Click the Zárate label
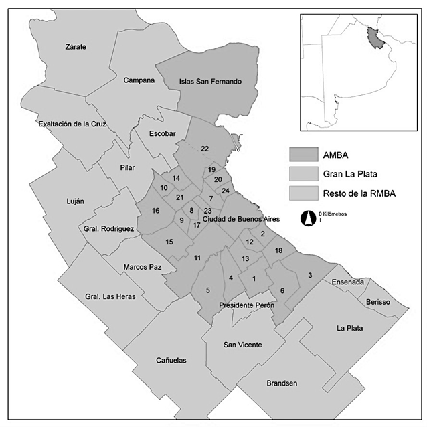coord(76,47)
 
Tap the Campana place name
coord(139,80)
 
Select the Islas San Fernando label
coord(209,82)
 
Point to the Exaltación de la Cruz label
coord(72,124)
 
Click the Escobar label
coord(163,134)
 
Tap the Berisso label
coord(377,303)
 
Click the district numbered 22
coord(205,148)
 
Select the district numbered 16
coord(155,211)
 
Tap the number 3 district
coord(310,275)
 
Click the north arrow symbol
coord(309,217)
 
